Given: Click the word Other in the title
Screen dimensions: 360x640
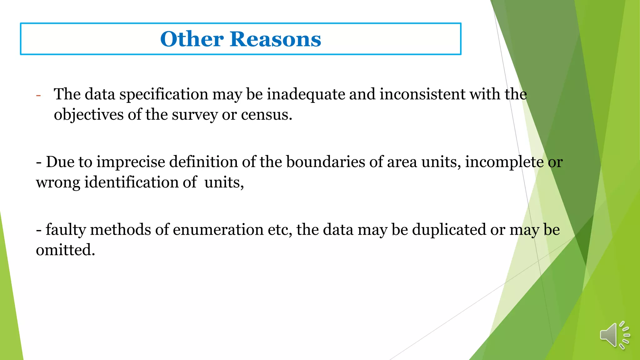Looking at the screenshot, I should (192, 39).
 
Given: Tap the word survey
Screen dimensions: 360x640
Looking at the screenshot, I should (195, 115).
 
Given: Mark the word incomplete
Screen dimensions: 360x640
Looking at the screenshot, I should (504, 162).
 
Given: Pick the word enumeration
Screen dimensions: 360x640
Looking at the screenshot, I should (218, 230).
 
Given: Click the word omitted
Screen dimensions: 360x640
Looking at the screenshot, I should (65, 250).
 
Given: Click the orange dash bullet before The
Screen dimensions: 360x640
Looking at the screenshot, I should (38, 95).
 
